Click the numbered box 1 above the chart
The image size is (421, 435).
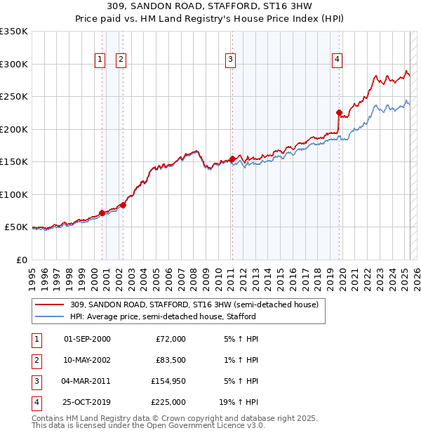pos(100,60)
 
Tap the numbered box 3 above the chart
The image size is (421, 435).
pos(230,60)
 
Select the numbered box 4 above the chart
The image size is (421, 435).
pos(338,60)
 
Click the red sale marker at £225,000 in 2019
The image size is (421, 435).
pos(339,112)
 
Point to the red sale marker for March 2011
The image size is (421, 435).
pos(232,159)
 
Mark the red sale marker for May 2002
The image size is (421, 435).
pos(123,205)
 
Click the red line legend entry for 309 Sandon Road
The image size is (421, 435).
pos(194,304)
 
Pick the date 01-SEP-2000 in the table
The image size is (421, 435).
pos(87,339)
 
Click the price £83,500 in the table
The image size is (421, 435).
pos(171,360)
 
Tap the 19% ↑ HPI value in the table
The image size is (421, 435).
pos(239,402)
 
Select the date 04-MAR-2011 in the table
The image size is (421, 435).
pos(87,381)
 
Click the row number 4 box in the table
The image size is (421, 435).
pos(34,402)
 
